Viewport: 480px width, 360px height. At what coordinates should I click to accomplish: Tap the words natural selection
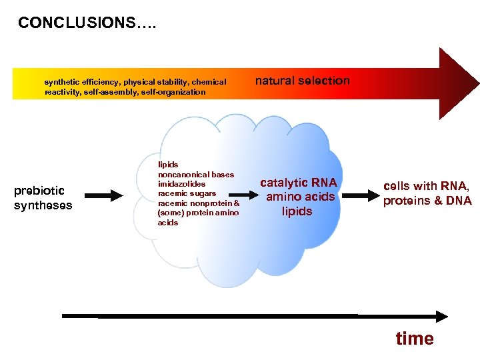[302, 81]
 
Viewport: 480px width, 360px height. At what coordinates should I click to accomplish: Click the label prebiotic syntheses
[43, 198]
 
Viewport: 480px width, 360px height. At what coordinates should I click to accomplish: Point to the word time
[414, 339]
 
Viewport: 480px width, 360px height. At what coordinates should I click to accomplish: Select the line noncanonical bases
[196, 174]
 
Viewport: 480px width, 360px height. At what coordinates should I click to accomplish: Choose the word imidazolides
[181, 183]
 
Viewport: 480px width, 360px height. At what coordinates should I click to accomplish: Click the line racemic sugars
[187, 193]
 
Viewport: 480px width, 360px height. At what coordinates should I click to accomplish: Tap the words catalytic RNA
[298, 183]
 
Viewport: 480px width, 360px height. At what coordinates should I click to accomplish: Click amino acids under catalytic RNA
[300, 197]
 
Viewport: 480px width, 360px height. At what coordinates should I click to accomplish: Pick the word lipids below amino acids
[297, 211]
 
